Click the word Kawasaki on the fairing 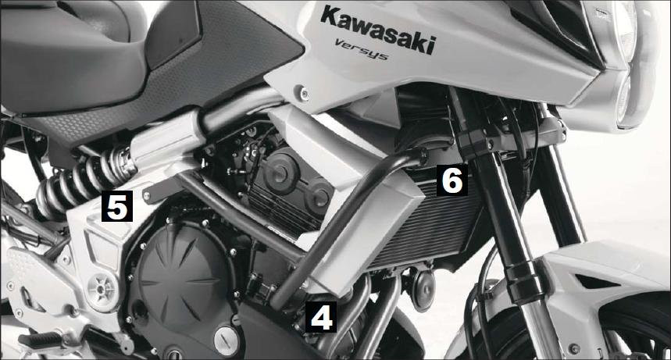click(378, 29)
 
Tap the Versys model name click(362, 49)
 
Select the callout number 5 click(117, 206)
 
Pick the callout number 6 click(452, 180)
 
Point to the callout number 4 click(321, 317)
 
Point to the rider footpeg click(41, 340)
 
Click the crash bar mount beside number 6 click(422, 156)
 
